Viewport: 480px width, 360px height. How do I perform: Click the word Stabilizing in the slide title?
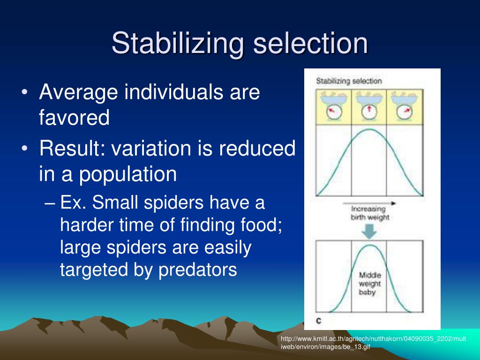click(178, 44)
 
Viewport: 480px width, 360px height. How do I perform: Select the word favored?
click(74, 117)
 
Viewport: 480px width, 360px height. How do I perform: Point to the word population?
click(128, 174)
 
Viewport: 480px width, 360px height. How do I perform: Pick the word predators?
click(197, 270)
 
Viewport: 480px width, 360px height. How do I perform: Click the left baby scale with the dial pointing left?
click(333, 106)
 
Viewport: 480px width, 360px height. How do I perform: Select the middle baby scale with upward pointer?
click(369, 106)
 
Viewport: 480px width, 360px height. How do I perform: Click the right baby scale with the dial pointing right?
click(404, 106)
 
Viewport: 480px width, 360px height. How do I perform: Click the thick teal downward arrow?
click(369, 232)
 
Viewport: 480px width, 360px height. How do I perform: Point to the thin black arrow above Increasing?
click(369, 203)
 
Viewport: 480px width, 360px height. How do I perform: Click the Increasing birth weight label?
click(369, 213)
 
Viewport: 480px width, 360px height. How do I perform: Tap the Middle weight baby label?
click(369, 284)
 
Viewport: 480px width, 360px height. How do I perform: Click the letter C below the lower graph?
click(319, 321)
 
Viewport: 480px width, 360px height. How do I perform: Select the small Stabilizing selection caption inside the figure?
click(349, 81)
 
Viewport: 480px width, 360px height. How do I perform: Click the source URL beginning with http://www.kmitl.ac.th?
click(373, 343)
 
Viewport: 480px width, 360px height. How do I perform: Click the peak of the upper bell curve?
click(369, 129)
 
